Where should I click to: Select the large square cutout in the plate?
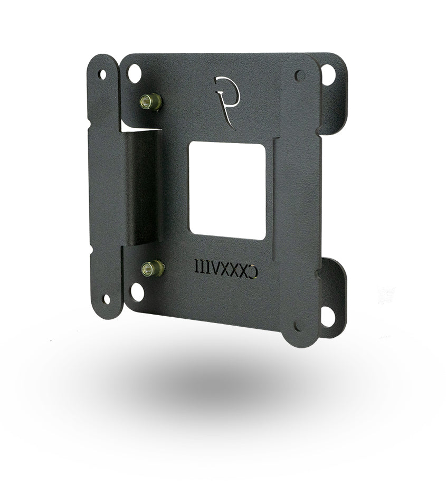pyautogui.click(x=227, y=190)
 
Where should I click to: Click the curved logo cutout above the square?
pyautogui.click(x=225, y=90)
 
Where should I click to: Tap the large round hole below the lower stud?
pyautogui.click(x=137, y=292)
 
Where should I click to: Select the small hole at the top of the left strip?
pyautogui.click(x=102, y=74)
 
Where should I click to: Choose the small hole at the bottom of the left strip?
pyautogui.click(x=107, y=299)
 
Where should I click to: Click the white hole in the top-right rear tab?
pyautogui.click(x=328, y=74)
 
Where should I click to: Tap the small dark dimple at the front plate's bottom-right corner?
pyautogui.click(x=299, y=326)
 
